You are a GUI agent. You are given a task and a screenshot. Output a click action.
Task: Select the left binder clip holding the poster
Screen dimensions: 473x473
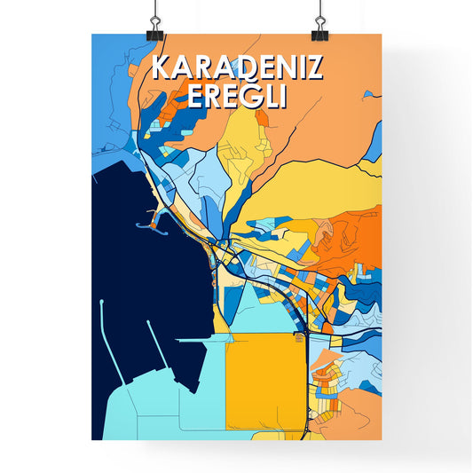click(154, 25)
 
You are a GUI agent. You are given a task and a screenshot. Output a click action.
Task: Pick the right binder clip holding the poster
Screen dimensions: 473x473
click(319, 25)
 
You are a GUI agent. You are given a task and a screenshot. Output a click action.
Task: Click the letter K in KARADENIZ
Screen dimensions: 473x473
click(162, 68)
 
